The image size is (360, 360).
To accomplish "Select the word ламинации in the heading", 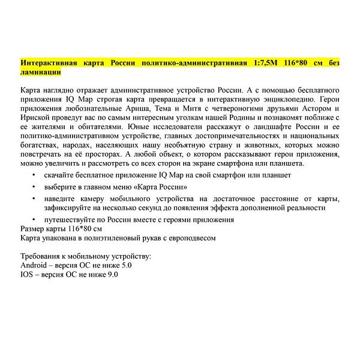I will [40, 71].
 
